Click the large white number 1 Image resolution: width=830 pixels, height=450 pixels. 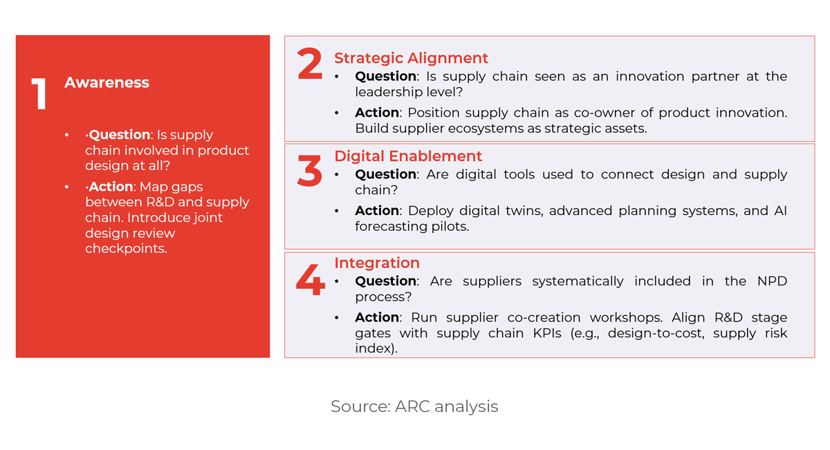point(39,95)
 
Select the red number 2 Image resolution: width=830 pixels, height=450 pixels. point(309,64)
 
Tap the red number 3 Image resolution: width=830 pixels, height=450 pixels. point(309,170)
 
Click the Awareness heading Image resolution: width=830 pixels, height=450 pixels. point(107,82)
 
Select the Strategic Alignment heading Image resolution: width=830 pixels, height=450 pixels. point(411,58)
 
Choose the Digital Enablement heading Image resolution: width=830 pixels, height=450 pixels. point(408,156)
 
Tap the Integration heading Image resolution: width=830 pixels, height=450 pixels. point(377,263)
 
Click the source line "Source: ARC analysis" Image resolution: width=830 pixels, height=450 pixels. point(414,406)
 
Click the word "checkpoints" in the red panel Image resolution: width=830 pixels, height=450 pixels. point(126,248)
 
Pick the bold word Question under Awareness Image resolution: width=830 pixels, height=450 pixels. point(119,135)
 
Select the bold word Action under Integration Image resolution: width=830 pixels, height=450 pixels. point(377,317)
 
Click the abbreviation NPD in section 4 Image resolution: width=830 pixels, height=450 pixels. point(772,281)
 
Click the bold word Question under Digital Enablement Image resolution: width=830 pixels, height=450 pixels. point(386,174)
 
